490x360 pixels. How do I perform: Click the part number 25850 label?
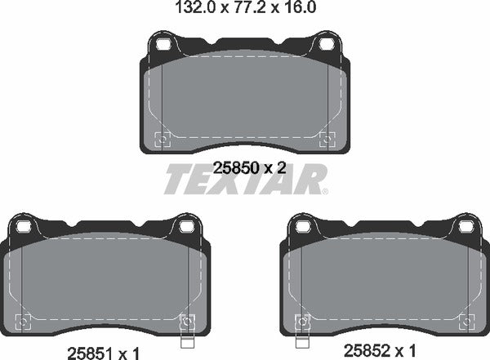pyautogui.click(x=231, y=167)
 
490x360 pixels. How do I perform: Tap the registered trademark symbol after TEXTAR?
pyautogui.click(x=325, y=193)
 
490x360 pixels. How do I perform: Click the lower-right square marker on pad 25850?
pyautogui.click(x=328, y=138)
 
